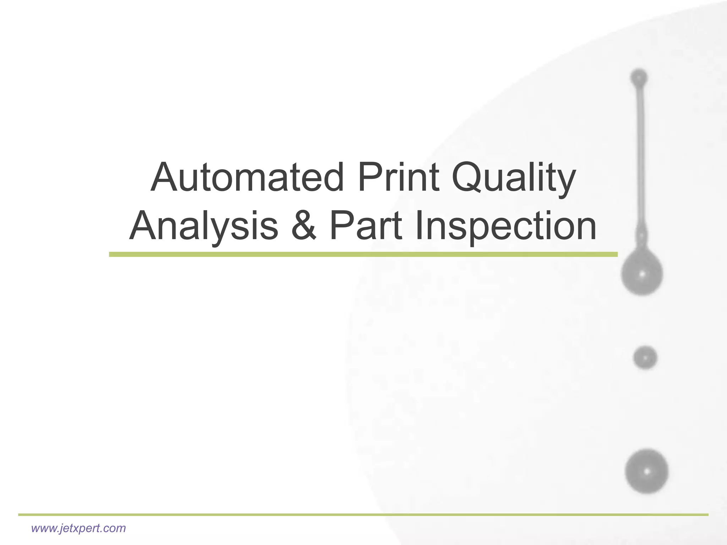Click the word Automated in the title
point(247,177)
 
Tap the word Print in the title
point(399,177)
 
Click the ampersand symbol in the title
point(304,226)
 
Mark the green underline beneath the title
point(363,254)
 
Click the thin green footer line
point(363,514)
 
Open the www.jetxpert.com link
point(78,528)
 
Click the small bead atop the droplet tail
point(639,77)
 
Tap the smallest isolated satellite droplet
point(645,358)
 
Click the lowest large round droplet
point(646,472)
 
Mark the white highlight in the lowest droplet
point(647,472)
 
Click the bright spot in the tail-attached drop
point(642,274)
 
